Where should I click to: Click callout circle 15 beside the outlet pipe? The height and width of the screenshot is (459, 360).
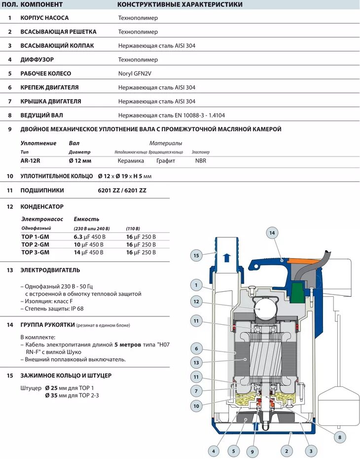coord(196,255)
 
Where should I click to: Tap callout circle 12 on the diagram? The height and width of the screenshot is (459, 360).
coord(196,302)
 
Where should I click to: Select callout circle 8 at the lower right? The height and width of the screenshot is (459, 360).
coord(339,436)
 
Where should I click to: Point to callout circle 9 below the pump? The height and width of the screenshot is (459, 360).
coord(252,451)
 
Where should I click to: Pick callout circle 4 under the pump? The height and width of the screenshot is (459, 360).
coord(214,451)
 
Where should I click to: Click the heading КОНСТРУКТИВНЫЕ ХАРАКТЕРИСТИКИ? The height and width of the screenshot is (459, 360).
coord(180,4)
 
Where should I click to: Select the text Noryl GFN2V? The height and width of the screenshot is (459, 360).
coord(135,74)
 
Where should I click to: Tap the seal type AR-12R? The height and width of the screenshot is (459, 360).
coord(31,161)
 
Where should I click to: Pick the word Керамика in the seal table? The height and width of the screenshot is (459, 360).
coord(131,161)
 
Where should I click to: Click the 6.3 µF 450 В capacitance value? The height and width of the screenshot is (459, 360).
coord(89,236)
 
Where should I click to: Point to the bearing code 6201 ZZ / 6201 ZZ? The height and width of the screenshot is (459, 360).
coord(122,190)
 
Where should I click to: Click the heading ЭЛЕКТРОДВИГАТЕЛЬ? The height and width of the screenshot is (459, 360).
coord(50,270)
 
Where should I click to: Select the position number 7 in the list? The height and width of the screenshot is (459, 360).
coord(9,101)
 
